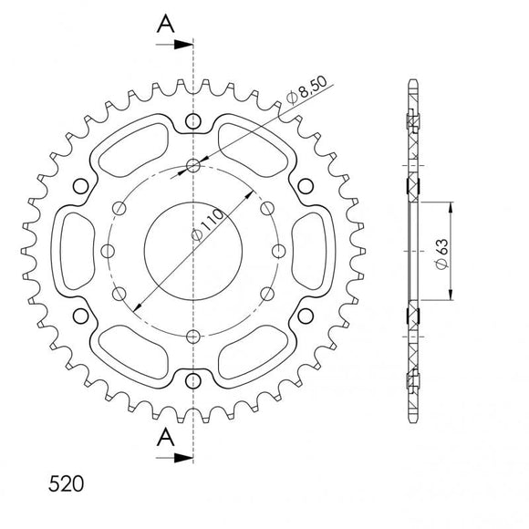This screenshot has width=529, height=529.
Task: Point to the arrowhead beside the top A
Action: pos(186,43)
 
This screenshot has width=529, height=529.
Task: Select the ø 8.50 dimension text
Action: pos(305,96)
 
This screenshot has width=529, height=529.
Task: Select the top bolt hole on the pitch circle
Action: pos(194,165)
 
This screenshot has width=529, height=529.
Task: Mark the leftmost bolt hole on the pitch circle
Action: pos(109,251)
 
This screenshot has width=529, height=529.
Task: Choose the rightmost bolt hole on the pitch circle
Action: pos(280,251)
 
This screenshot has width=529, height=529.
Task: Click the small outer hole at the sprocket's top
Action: pos(194,121)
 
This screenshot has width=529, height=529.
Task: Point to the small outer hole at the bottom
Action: pos(194,380)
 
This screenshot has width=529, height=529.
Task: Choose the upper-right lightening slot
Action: pos(254,147)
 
